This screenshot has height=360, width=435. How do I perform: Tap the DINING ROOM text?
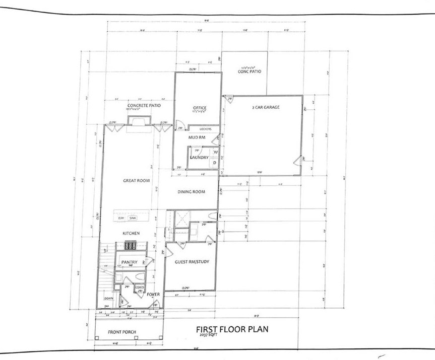coord(192,192)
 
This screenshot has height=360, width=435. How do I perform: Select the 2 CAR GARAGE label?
coord(266,107)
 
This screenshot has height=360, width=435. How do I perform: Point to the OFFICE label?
coord(200,108)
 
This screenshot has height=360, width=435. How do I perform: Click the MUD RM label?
coord(196,137)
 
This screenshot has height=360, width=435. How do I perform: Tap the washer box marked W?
coord(215,152)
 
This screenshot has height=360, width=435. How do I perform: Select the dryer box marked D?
coord(215,163)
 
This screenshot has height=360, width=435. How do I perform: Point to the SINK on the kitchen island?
coord(133,218)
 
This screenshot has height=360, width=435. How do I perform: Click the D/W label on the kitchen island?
coord(121,218)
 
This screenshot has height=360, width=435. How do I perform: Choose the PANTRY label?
coord(130,262)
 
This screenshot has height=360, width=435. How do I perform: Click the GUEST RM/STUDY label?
coord(192,262)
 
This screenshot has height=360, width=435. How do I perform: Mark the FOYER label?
coord(153,295)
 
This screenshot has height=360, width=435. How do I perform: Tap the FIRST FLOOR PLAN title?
coord(232,329)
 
